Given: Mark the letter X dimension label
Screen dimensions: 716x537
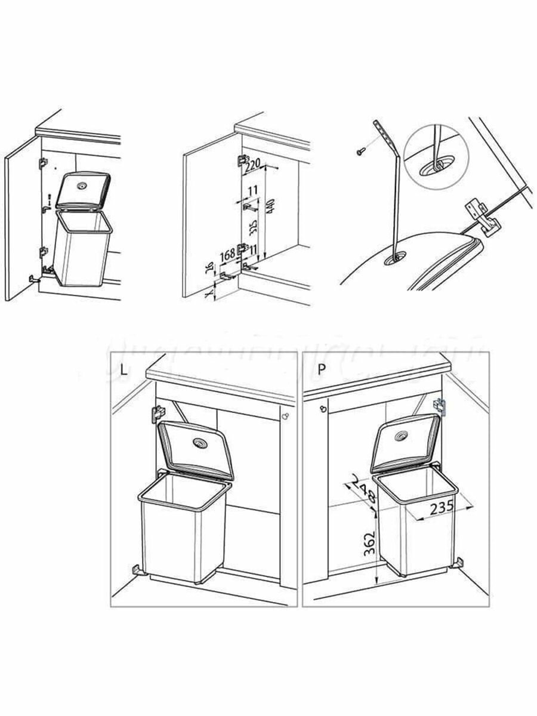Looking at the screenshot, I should coord(208,294).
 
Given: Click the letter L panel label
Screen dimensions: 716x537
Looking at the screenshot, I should coord(124,369).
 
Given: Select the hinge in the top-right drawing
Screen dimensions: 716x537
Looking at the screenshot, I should coord(480,217).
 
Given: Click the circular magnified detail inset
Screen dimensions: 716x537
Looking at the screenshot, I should coord(436,157).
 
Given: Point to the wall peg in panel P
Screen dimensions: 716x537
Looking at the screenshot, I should coord(323,409).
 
